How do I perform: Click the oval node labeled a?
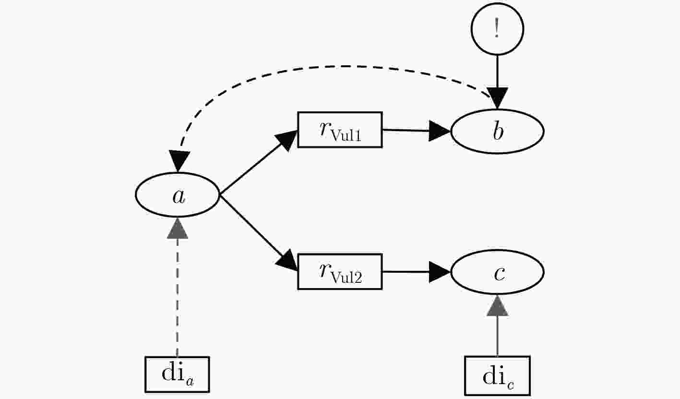click(x=177, y=195)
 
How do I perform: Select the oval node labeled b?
click(x=497, y=132)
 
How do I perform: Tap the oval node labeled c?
click(x=497, y=272)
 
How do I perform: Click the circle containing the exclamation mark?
click(x=497, y=29)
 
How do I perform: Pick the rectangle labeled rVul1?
click(x=340, y=130)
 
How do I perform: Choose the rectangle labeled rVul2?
click(x=340, y=271)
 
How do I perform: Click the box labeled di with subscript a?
click(x=177, y=375)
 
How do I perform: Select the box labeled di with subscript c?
click(x=497, y=375)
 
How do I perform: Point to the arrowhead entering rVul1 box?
click(x=287, y=140)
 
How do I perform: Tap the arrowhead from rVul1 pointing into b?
click(x=439, y=131)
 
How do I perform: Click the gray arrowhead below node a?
click(x=178, y=229)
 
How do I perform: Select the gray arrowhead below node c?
click(x=497, y=305)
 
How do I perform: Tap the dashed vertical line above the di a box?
click(x=177, y=298)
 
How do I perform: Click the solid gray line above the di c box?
click(x=497, y=336)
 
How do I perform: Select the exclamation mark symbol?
click(x=497, y=28)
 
